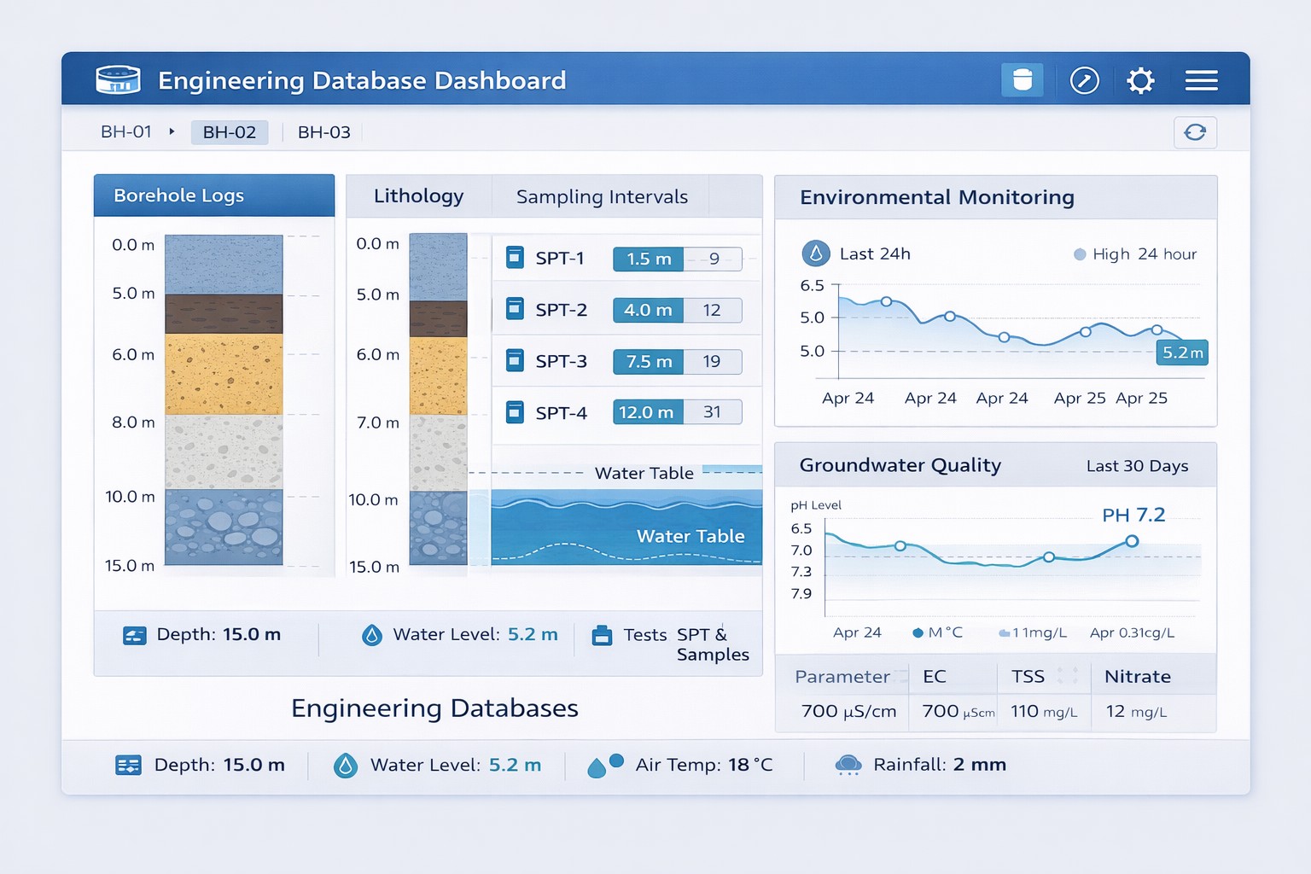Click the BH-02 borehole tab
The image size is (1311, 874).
[x=229, y=132]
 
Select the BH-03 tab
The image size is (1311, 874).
[x=323, y=132]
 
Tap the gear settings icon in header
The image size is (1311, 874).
[x=1140, y=81]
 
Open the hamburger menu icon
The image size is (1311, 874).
[x=1201, y=81]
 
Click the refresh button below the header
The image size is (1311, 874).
[x=1195, y=132]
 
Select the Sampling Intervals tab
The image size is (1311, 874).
[x=602, y=197]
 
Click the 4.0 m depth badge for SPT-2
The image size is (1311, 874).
[x=648, y=311]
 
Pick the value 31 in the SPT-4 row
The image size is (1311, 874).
[x=712, y=412]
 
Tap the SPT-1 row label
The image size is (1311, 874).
[x=560, y=259]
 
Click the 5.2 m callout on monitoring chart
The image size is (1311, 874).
[x=1182, y=353]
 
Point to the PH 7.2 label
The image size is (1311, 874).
[x=1133, y=516]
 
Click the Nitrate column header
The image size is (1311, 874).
[x=1137, y=677]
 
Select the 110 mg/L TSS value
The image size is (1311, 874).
[x=1043, y=712]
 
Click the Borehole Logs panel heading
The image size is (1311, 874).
[x=179, y=195]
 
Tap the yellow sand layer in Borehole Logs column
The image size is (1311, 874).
[x=224, y=374]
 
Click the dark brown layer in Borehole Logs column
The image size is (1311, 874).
[x=224, y=314]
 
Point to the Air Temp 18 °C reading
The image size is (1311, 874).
[x=703, y=765]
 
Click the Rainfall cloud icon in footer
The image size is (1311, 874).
[x=848, y=765]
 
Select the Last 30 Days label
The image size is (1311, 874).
[x=1137, y=466]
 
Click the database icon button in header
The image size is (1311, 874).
[x=1022, y=80]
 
